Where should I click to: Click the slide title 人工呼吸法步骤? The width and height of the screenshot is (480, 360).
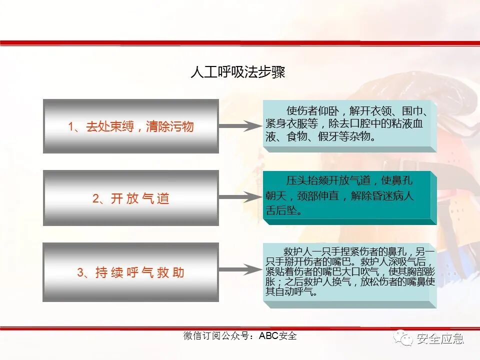point(237,73)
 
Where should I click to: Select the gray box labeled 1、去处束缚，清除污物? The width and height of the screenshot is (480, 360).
point(130,125)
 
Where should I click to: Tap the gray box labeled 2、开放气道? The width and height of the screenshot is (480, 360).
point(130,197)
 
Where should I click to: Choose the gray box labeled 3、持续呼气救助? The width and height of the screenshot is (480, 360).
point(130,272)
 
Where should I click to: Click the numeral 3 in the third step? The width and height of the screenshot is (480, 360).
point(80,272)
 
